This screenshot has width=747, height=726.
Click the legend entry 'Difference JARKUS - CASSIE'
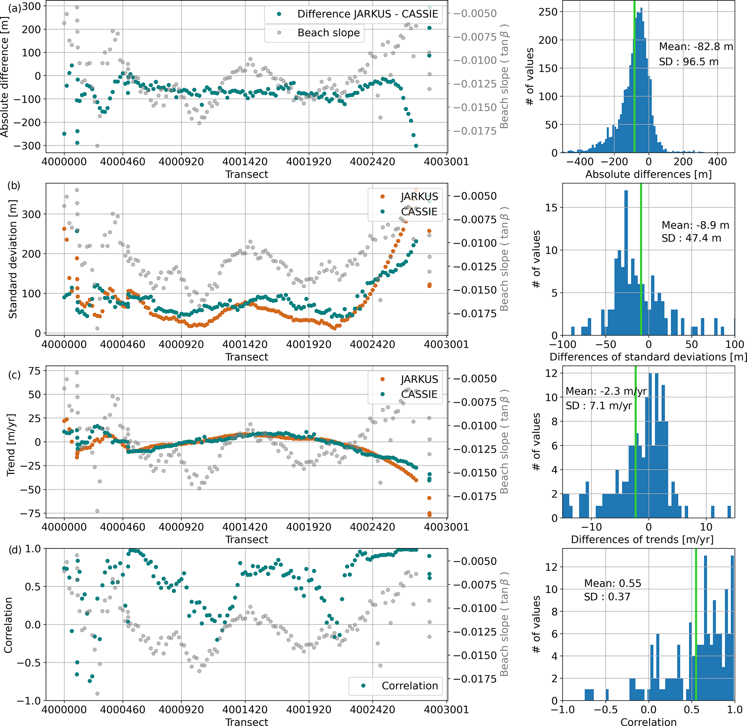pos(368,14)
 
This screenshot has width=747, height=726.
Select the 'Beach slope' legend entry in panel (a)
pos(328,33)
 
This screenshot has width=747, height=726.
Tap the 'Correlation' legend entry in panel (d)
pos(409,686)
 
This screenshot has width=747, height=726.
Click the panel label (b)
pos(14,186)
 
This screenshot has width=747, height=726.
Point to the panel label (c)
pos(14,375)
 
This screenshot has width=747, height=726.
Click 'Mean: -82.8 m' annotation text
pos(696,47)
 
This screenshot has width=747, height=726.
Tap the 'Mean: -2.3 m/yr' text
pos(606,391)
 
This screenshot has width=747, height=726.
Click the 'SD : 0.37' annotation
pos(607,597)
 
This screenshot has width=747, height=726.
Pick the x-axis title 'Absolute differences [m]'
pos(648,175)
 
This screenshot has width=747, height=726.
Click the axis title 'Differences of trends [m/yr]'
pos(642,539)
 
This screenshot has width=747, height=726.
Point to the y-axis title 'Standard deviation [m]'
pos(13,259)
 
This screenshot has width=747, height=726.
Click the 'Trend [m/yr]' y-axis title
pos(11,445)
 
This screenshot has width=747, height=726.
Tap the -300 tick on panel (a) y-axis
pos(27,146)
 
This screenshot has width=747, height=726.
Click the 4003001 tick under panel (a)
pos(446,162)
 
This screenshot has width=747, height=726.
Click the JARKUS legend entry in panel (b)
pos(419,197)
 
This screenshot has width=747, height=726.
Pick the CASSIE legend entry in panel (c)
pos(419,394)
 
